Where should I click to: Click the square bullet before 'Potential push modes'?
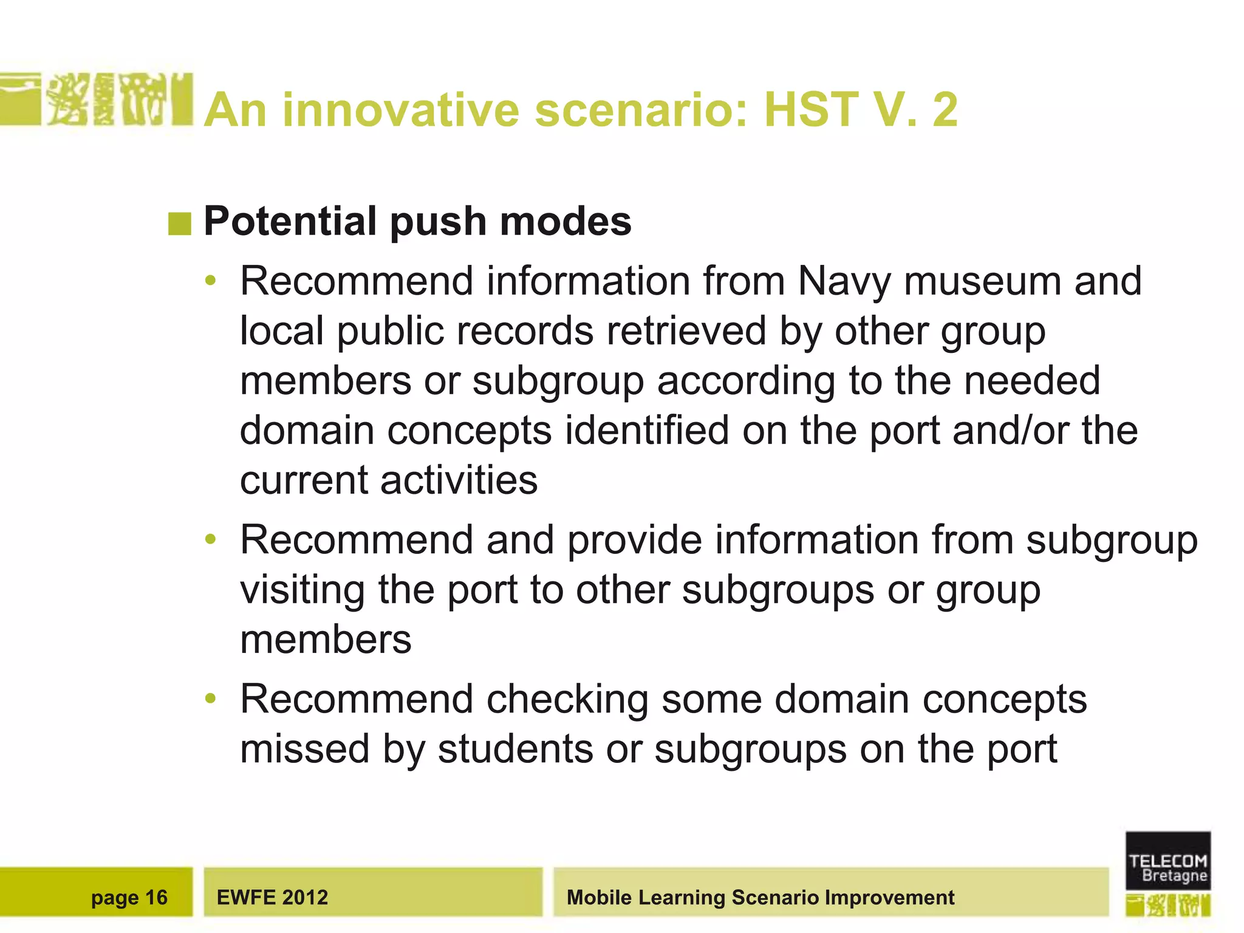180,224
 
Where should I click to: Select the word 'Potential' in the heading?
290,221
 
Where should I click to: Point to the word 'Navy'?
844,282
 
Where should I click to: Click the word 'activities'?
459,480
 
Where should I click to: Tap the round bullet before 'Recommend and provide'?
211,539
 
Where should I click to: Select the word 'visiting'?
302,590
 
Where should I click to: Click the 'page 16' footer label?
129,897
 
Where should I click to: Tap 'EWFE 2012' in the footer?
272,897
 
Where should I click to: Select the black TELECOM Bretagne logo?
1167,861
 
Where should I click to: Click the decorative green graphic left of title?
97,100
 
